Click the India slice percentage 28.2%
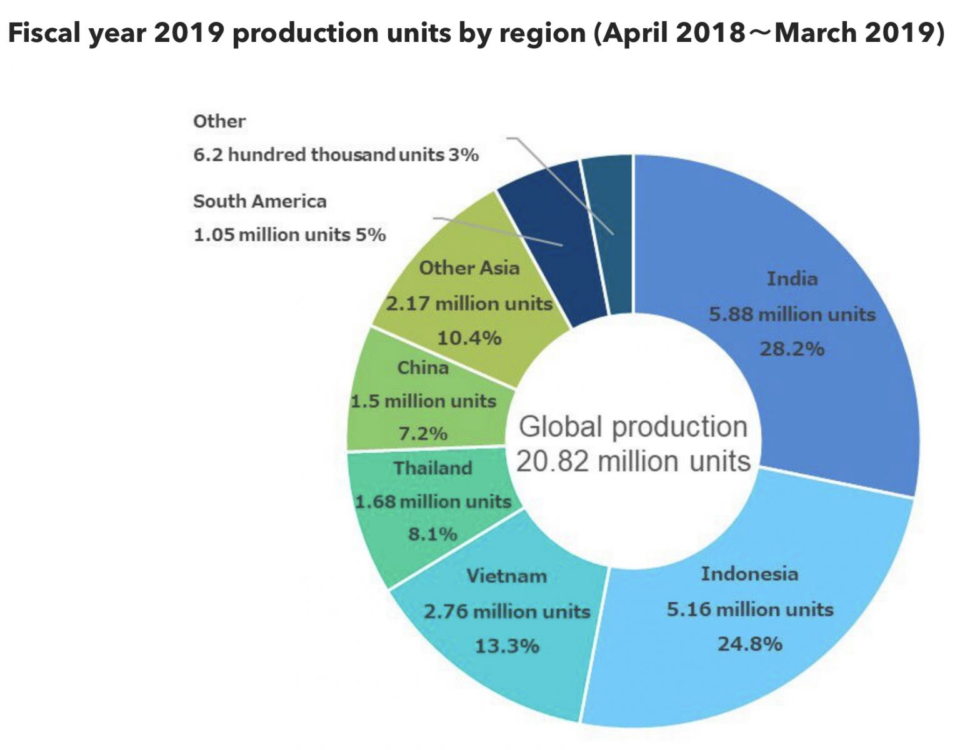pyautogui.click(x=792, y=349)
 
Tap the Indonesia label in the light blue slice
pyautogui.click(x=749, y=574)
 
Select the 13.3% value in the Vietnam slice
pyautogui.click(x=507, y=646)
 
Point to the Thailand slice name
pyautogui.click(x=432, y=468)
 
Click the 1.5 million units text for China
pyautogui.click(x=423, y=401)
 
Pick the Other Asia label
pyautogui.click(x=469, y=268)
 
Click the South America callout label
pyautogui.click(x=260, y=201)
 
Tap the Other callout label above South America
pyautogui.click(x=219, y=121)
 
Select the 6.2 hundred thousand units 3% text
pyautogui.click(x=336, y=154)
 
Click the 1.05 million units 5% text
pyautogui.click(x=289, y=235)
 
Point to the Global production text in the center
pyautogui.click(x=633, y=427)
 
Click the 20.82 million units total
pyautogui.click(x=633, y=461)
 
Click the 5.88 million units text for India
pyautogui.click(x=792, y=314)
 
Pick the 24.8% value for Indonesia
pyautogui.click(x=749, y=644)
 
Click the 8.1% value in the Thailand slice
pyautogui.click(x=432, y=534)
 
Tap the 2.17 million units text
pyautogui.click(x=469, y=304)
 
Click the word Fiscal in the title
pyautogui.click(x=44, y=32)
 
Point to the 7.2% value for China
pyautogui.click(x=423, y=433)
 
